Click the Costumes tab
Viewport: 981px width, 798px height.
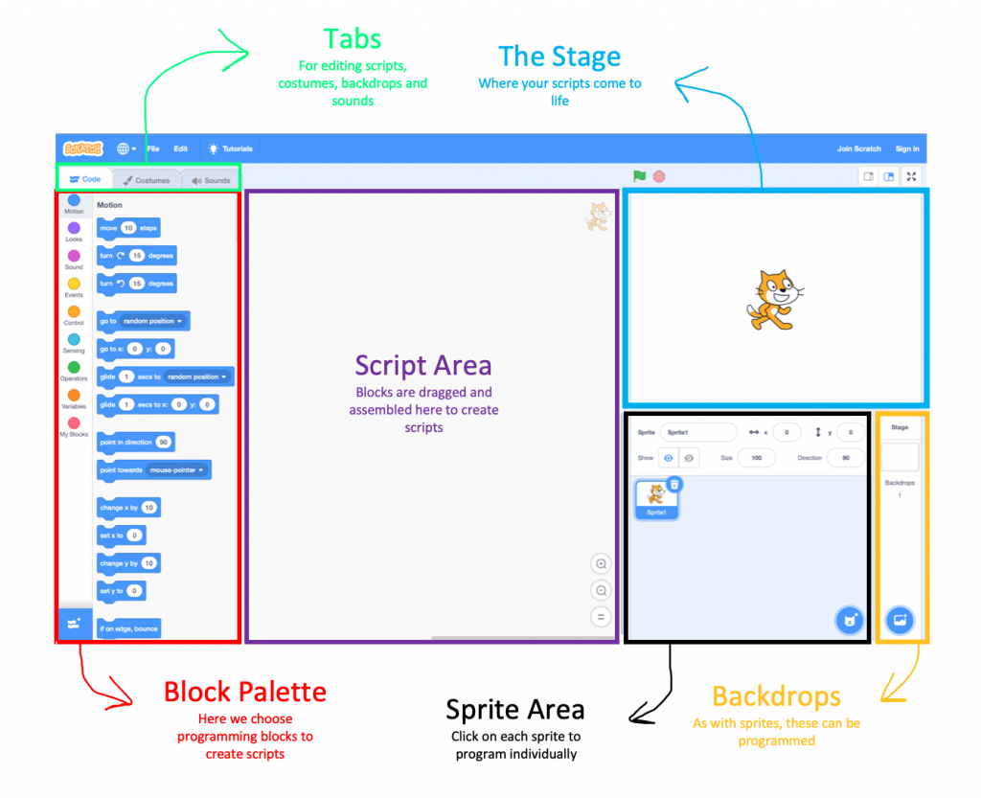point(147,180)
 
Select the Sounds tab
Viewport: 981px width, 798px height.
point(211,180)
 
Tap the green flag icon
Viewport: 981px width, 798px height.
point(639,176)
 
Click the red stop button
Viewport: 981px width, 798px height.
point(659,176)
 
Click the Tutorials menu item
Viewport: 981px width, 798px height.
point(231,148)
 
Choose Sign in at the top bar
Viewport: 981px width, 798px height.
point(906,148)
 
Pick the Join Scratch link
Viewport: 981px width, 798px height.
point(858,148)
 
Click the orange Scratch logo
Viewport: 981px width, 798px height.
point(82,148)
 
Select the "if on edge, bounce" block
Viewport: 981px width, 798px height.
point(128,628)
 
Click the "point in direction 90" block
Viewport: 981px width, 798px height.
point(135,443)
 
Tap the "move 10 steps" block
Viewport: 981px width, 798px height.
point(128,228)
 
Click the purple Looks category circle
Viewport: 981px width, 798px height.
point(74,228)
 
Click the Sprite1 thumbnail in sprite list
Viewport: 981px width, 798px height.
point(656,497)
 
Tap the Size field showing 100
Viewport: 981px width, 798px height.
point(757,458)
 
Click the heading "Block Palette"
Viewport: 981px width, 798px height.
point(245,692)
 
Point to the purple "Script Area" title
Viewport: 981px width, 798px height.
point(422,365)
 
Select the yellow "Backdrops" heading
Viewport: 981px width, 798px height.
point(776,696)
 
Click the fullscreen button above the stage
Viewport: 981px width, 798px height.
point(911,176)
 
